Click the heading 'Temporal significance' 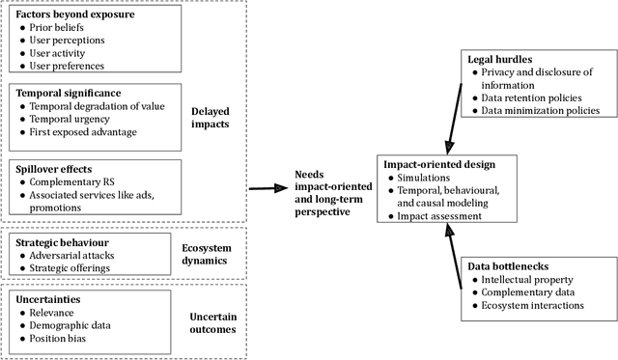click(x=69, y=93)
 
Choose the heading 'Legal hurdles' click(x=494, y=60)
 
